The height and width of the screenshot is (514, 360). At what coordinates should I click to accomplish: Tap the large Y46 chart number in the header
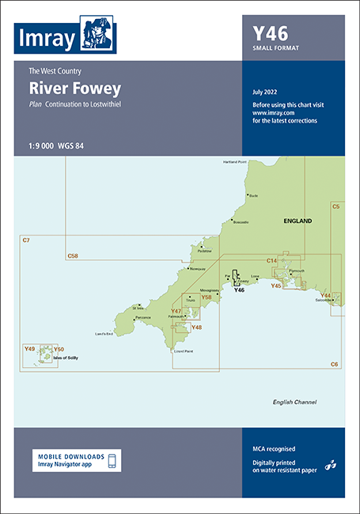click(270, 33)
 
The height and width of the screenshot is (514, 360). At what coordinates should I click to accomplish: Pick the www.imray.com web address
click(269, 112)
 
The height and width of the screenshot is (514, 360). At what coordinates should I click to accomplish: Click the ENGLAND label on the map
click(297, 221)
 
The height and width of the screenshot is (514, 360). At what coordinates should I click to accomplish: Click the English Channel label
click(294, 402)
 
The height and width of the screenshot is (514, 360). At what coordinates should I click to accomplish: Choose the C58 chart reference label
click(73, 255)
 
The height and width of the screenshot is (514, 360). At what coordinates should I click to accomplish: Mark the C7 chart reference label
click(26, 240)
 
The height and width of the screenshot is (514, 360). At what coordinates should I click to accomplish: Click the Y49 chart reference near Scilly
click(30, 349)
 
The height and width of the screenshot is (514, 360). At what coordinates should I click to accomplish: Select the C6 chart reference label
click(335, 363)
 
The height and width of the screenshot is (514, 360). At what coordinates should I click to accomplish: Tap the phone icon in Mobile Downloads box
click(112, 461)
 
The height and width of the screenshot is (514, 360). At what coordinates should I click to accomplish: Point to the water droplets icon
click(330, 466)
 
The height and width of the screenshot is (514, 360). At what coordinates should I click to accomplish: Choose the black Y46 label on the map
click(240, 290)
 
